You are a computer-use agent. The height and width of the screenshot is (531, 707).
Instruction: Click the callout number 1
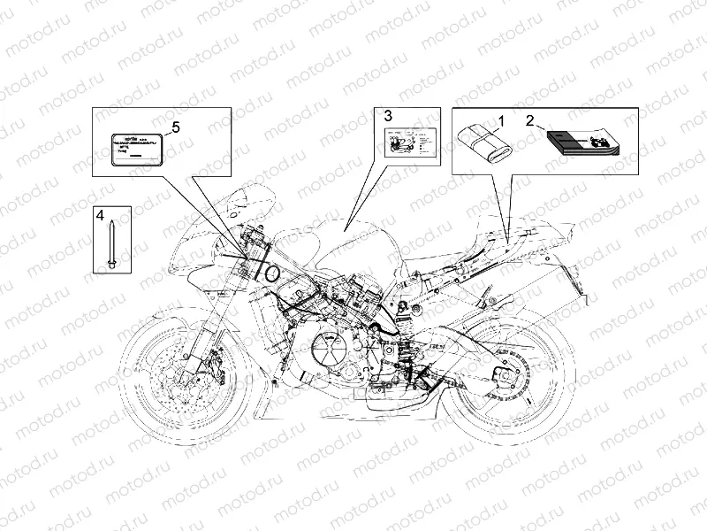499,119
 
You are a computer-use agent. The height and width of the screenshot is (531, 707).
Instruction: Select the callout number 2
530,119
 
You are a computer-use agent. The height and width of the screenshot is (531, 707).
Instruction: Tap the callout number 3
387,114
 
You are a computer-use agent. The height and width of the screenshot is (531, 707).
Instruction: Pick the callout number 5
175,127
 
